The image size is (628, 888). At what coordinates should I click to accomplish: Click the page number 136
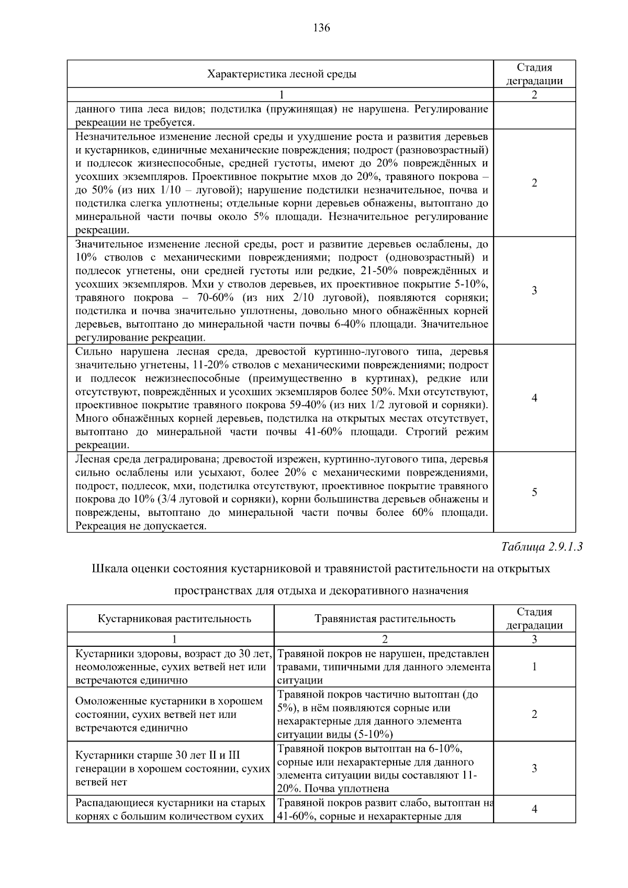(x=321, y=28)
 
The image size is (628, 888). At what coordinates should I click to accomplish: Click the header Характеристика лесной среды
(x=282, y=74)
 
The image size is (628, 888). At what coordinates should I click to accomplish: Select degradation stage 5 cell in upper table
(x=534, y=492)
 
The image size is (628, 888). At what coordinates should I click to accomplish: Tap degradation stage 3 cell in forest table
(x=534, y=291)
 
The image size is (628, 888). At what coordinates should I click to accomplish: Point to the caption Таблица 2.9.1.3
(x=541, y=547)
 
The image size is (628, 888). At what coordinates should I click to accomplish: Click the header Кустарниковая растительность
(x=174, y=619)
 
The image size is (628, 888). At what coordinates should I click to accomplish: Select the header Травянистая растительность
(x=385, y=619)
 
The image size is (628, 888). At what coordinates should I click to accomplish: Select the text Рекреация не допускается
(x=141, y=526)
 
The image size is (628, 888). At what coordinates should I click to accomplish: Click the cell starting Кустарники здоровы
(x=173, y=667)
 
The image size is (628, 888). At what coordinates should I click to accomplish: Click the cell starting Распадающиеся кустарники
(x=170, y=809)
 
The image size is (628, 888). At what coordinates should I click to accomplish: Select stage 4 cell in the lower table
(x=534, y=809)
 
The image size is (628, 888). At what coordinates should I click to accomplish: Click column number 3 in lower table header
(x=534, y=639)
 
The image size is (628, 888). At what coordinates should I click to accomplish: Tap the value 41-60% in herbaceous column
(x=295, y=816)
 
